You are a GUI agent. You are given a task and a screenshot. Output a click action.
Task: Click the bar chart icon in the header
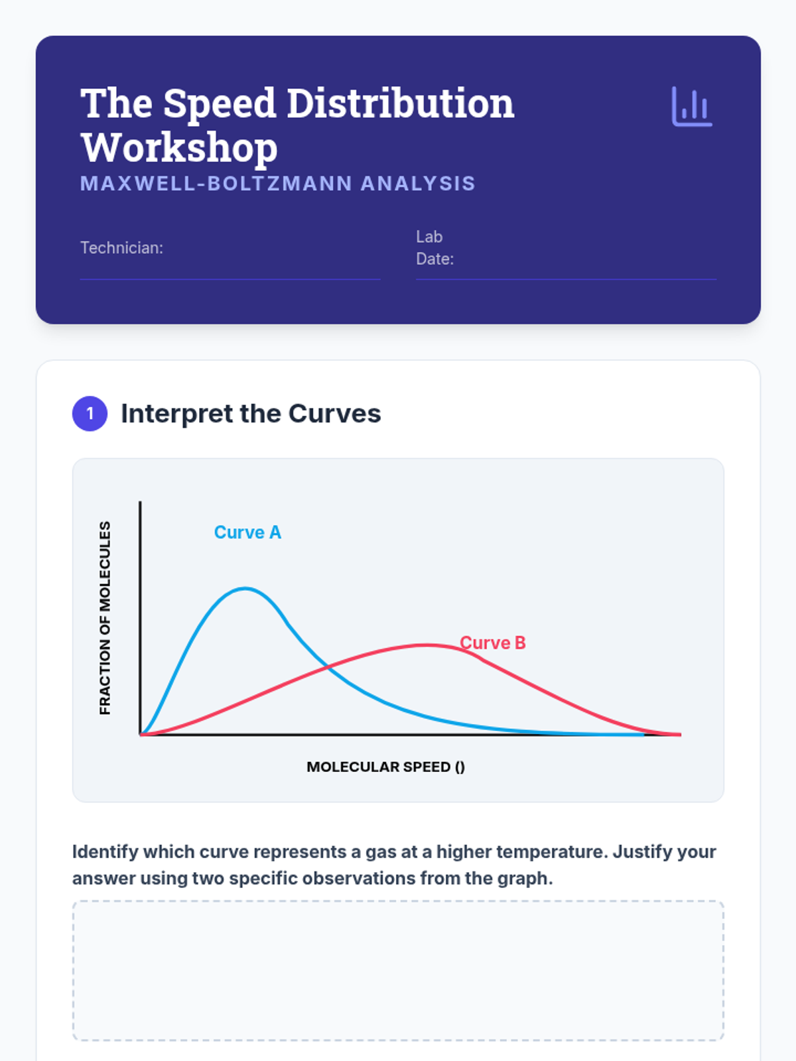coord(692,106)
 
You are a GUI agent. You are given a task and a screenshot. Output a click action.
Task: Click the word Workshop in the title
coord(179,148)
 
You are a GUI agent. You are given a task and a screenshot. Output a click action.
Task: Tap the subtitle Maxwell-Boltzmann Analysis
coord(278,184)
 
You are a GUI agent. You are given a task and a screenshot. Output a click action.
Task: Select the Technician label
coord(122,248)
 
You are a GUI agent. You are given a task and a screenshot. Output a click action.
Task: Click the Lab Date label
coord(435,248)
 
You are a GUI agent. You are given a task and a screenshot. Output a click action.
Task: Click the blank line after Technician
coord(230,279)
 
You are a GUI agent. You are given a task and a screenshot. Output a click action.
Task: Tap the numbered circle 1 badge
coord(90,414)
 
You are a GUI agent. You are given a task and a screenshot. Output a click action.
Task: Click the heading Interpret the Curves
coord(251,414)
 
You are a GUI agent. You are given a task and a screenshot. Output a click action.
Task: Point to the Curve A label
coord(247,532)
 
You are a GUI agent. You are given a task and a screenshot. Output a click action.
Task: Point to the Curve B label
coord(492,643)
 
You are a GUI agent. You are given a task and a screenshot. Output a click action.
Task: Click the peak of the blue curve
coord(245,588)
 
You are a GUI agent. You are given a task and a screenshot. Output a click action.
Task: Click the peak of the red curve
coord(427,645)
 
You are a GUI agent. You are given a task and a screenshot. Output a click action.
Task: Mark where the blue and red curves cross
coord(328,668)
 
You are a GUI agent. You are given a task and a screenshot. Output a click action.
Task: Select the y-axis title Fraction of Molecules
coord(105,618)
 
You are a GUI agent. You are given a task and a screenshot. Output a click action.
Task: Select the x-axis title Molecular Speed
coord(385,767)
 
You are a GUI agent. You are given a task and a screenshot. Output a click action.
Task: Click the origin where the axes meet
coord(140,735)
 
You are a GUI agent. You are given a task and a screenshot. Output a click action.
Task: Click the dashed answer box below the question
coord(398,970)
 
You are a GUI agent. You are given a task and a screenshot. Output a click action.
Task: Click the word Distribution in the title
coord(401,103)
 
